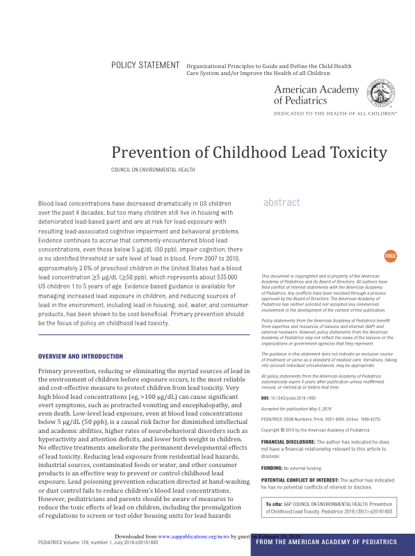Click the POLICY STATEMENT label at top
145,65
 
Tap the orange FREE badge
390,256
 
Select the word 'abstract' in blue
282,202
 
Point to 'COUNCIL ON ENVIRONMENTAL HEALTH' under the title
153,170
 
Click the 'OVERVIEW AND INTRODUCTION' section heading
80,357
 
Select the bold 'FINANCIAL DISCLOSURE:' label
288,442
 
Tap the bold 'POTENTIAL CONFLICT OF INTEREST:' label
299,480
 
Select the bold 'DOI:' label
266,398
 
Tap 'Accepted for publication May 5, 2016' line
296,409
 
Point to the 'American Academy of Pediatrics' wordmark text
316,95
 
